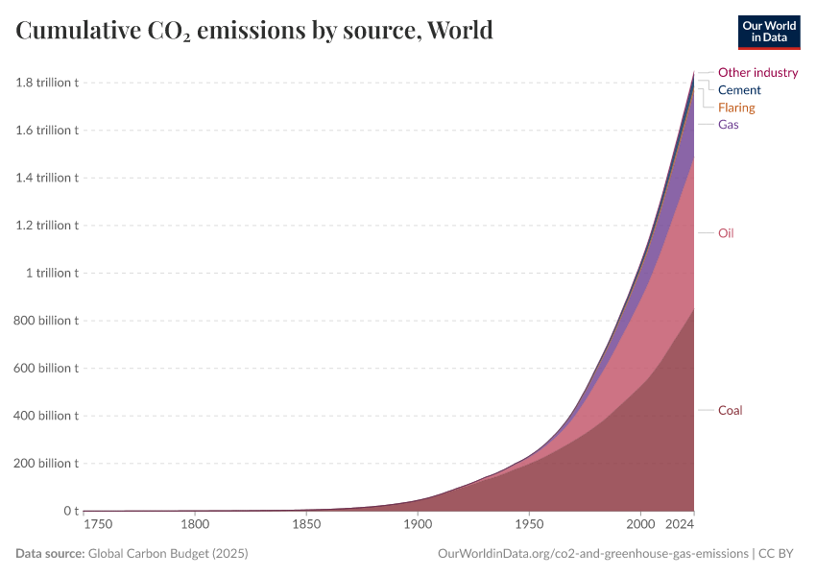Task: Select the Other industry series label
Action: (757, 72)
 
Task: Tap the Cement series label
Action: (739, 90)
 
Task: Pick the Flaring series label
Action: (736, 108)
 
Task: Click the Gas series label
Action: (728, 125)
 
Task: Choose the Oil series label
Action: (726, 233)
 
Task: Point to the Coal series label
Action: (730, 411)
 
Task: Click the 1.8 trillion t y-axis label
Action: (46, 83)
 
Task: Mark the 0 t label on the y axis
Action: (70, 511)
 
